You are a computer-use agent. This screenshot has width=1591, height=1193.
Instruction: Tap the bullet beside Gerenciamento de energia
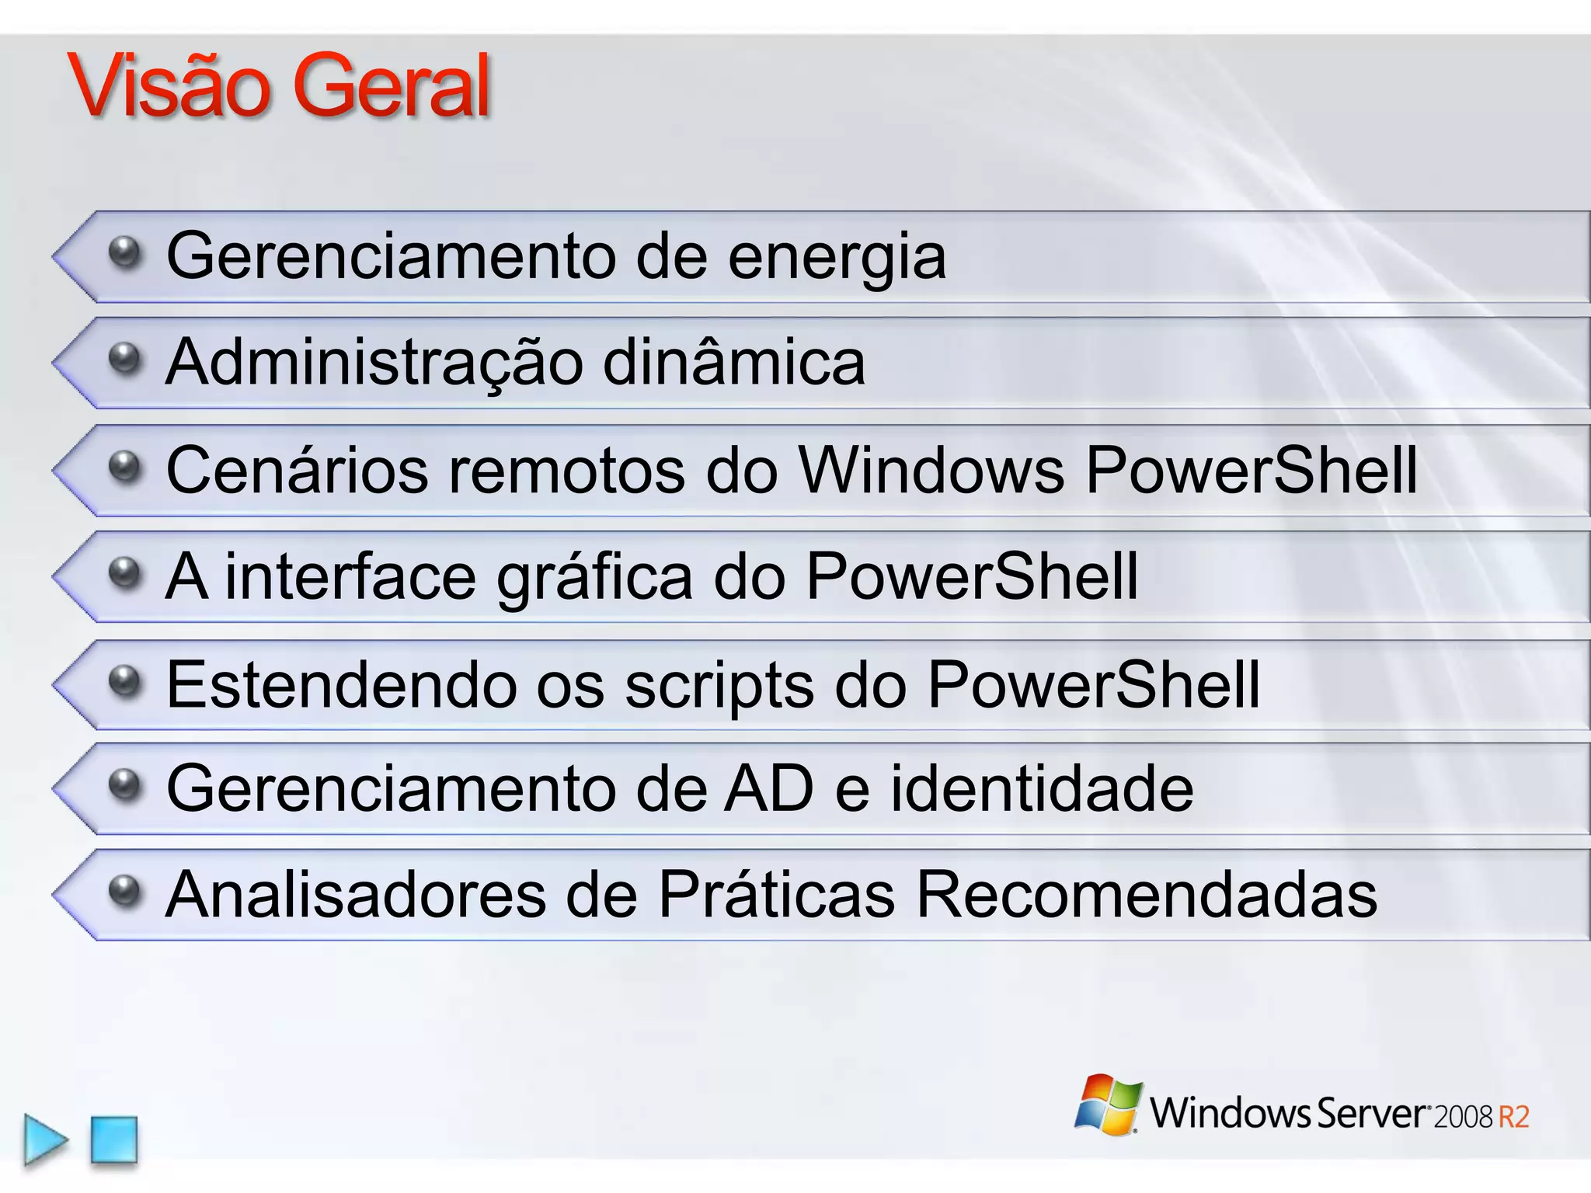pos(124,252)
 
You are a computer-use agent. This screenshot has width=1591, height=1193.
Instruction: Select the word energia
pos(837,258)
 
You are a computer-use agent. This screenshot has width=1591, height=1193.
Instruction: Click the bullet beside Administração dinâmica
pos(124,359)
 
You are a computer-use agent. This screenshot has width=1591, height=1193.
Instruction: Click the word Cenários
pos(297,470)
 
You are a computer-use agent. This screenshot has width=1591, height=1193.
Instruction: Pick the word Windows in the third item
pos(931,470)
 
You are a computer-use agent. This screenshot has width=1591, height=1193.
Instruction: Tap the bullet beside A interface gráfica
pos(124,574)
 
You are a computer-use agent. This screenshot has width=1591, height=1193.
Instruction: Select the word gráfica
pos(594,579)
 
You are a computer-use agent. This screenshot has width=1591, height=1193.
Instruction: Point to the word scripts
pos(719,687)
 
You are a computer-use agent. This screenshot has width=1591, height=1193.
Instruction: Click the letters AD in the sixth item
pos(768,788)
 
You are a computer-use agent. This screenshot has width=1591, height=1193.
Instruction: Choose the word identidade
pos(1041,788)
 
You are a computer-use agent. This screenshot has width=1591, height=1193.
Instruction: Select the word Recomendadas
pos(1147,894)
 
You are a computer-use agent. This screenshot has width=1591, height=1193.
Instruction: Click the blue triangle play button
pos(44,1139)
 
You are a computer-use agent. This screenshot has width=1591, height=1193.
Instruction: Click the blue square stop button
pos(114,1139)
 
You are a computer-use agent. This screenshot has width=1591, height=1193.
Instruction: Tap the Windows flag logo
pos(1108,1104)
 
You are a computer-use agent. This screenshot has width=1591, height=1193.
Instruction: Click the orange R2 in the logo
pos(1513,1117)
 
